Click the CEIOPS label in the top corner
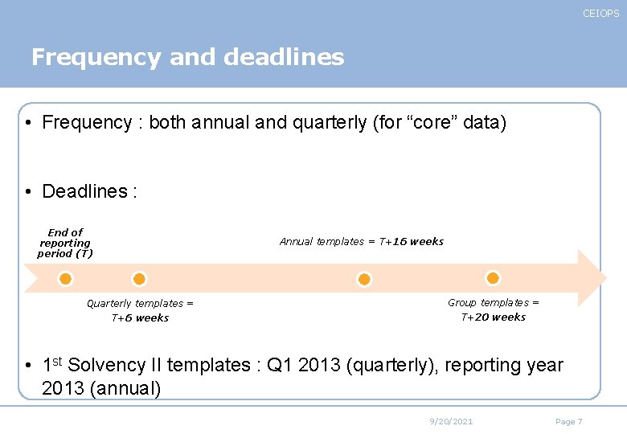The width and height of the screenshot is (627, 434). click(x=600, y=14)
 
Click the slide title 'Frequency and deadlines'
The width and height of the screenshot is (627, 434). click(x=187, y=57)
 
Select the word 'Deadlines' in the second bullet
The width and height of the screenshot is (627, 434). click(x=84, y=191)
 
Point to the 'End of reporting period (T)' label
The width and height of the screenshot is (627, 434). click(x=65, y=243)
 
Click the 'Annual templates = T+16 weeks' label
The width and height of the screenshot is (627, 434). click(x=361, y=241)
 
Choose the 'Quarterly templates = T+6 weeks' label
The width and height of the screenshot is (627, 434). click(x=140, y=310)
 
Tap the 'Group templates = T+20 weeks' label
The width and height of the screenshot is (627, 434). click(x=493, y=309)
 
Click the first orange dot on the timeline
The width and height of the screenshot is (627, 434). click(x=66, y=279)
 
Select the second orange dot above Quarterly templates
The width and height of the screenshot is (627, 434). click(x=139, y=279)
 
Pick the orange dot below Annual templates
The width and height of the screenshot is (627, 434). click(x=364, y=279)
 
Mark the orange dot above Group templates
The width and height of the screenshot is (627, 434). click(x=493, y=277)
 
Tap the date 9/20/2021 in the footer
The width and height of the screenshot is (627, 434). click(x=451, y=422)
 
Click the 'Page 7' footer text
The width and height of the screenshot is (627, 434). click(x=568, y=422)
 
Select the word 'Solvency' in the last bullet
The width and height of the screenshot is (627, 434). click(x=107, y=366)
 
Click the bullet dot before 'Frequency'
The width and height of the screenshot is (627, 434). click(x=28, y=124)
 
